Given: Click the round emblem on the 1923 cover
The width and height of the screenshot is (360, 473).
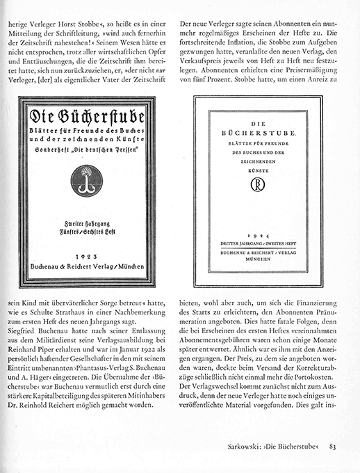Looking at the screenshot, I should (x=86, y=180).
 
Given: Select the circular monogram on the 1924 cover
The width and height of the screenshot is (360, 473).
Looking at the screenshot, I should (x=258, y=185).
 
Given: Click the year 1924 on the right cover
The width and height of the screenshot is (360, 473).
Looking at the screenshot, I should (x=258, y=236).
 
